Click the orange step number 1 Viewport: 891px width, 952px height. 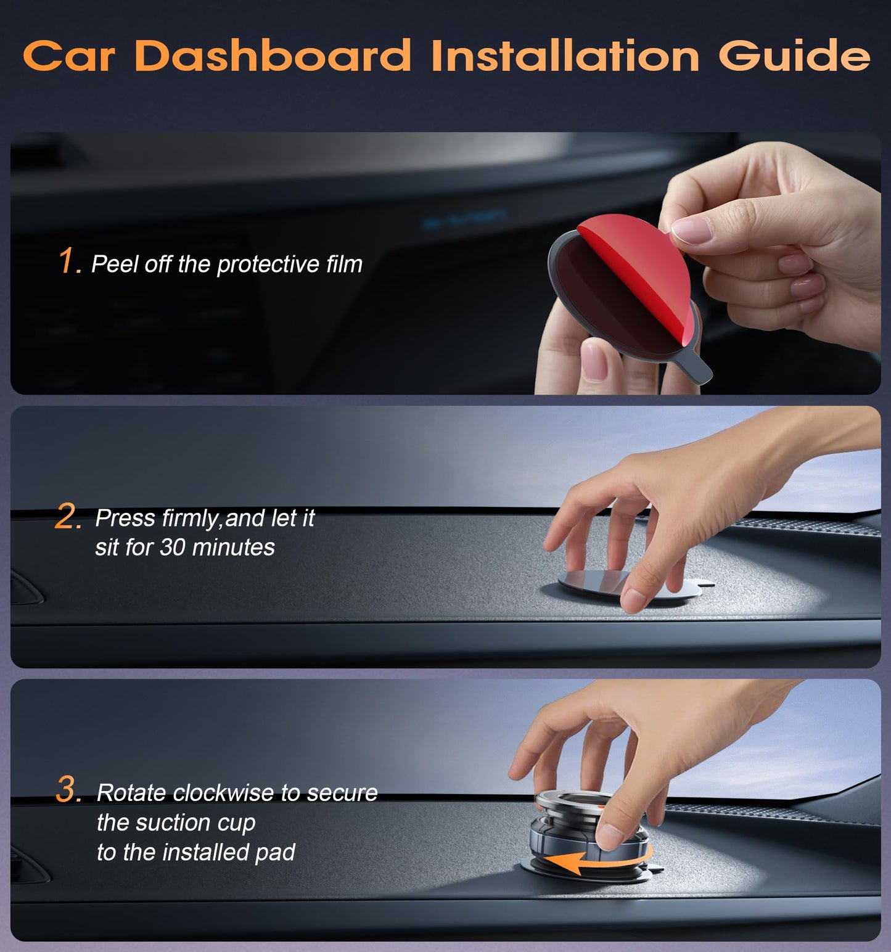pyautogui.click(x=68, y=261)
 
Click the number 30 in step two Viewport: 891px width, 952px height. pyautogui.click(x=173, y=548)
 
